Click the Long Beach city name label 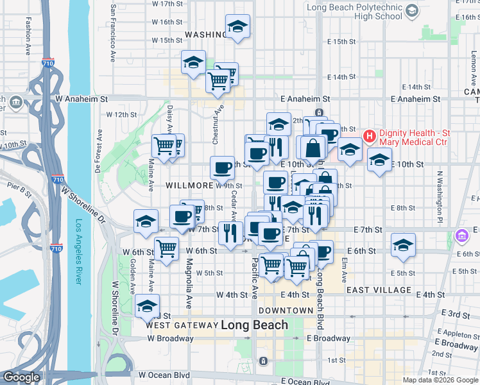(x=254, y=325)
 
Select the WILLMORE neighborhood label (x=189, y=185)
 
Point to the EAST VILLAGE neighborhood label (x=378, y=290)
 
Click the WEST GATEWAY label (x=181, y=325)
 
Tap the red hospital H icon (x=370, y=136)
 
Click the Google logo (x=21, y=377)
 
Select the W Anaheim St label (x=81, y=99)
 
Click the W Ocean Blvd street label (x=164, y=375)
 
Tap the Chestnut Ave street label (x=219, y=118)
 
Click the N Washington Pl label (x=441, y=192)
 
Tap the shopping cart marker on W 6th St (x=166, y=247)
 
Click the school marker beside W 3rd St (x=147, y=305)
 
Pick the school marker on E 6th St (x=403, y=245)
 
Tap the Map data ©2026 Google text (x=441, y=380)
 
